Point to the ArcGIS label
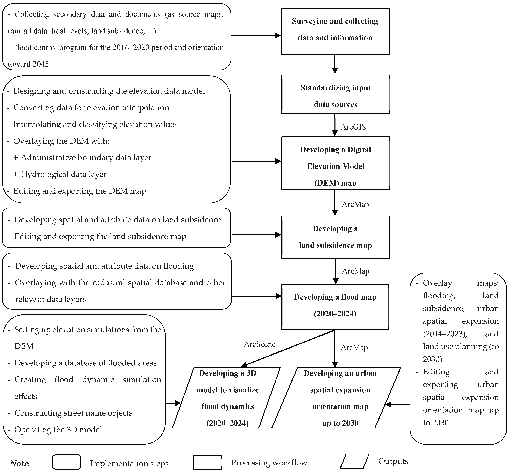[353, 127]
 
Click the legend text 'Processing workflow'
[269, 463]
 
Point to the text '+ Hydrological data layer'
[60, 174]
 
